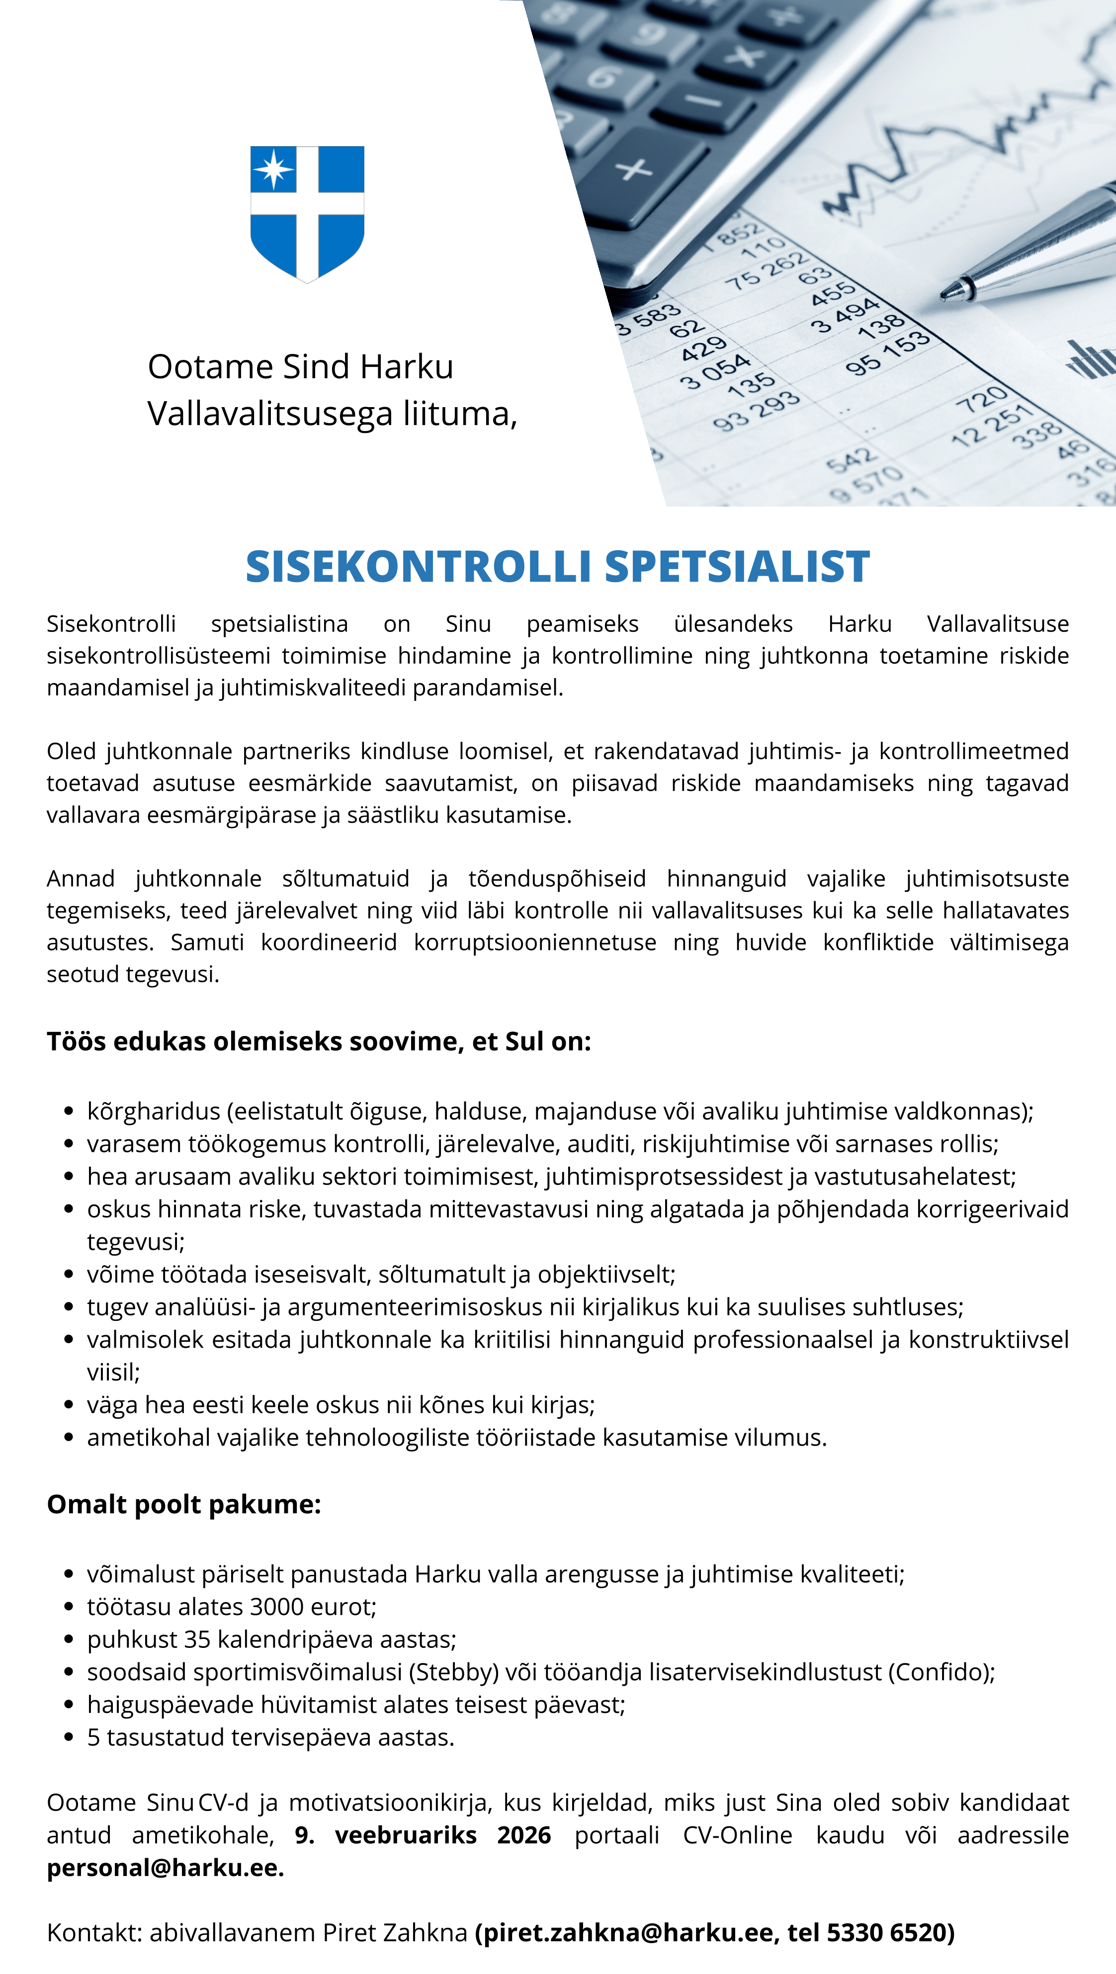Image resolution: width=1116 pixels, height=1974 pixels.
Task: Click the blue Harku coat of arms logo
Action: pyautogui.click(x=307, y=213)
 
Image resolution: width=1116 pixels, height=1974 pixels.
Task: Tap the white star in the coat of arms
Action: pyautogui.click(x=273, y=169)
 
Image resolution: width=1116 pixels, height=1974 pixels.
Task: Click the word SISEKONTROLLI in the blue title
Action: pyautogui.click(x=418, y=567)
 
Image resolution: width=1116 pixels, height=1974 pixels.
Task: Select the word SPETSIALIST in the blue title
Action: pyautogui.click(x=737, y=567)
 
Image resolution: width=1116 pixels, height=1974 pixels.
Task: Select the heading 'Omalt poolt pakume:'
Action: pyautogui.click(x=184, y=1504)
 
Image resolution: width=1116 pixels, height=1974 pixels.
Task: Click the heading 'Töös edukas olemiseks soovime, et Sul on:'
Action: pyautogui.click(x=319, y=1041)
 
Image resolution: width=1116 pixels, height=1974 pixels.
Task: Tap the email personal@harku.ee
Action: pyautogui.click(x=165, y=1868)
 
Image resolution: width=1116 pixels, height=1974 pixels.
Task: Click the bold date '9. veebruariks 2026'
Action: pyautogui.click(x=423, y=1835)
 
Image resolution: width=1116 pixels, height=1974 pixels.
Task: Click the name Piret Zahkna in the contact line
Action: pyautogui.click(x=394, y=1933)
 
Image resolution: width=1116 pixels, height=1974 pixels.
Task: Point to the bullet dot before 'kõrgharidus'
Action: pyautogui.click(x=69, y=1111)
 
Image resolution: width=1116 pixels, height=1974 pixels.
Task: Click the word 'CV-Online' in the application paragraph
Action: pyautogui.click(x=737, y=1835)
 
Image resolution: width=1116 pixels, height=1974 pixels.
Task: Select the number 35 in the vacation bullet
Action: pyautogui.click(x=197, y=1639)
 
